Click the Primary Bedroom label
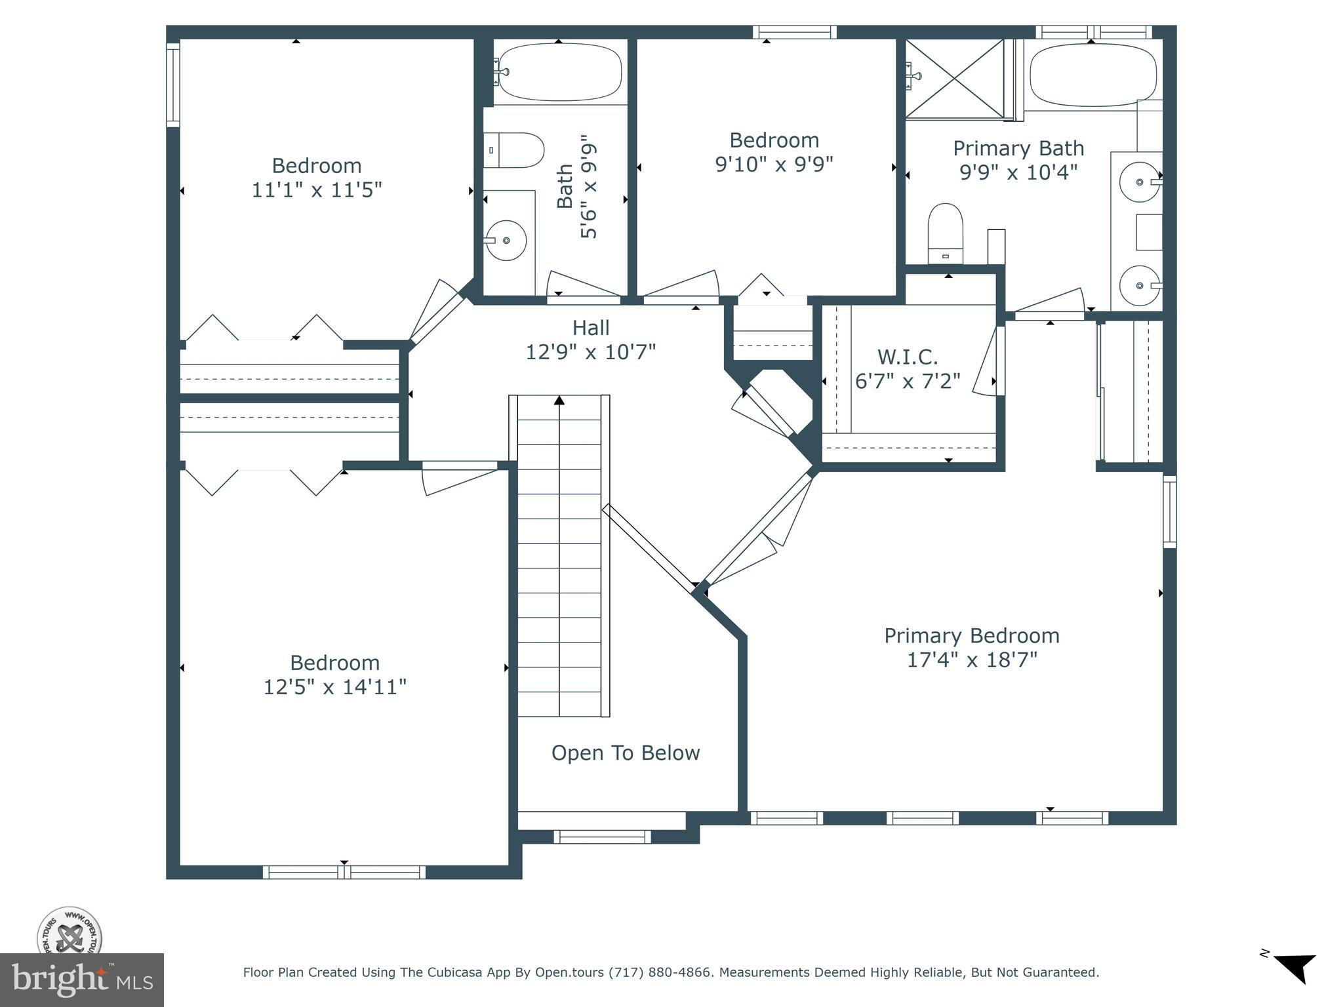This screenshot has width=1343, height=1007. [972, 636]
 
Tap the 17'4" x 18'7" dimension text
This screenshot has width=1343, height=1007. [972, 660]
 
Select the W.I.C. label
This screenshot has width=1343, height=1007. [908, 357]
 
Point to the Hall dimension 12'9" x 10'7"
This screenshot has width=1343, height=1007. [591, 352]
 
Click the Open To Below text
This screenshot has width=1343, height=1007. [626, 753]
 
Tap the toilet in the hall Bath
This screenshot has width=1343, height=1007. [514, 150]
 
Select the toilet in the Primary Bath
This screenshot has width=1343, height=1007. [946, 233]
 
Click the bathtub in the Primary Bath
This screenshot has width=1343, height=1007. [1093, 75]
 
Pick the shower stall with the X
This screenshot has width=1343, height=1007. [955, 79]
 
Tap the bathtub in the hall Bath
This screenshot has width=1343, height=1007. [559, 72]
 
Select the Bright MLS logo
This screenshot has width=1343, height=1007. [82, 980]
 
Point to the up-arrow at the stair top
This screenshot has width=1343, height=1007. [559, 400]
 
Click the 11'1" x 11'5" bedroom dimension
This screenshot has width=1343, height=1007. [317, 190]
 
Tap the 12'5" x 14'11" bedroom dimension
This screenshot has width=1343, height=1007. [334, 687]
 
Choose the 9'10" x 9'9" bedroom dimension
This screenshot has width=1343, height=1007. [774, 164]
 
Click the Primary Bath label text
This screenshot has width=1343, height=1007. [1018, 149]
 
